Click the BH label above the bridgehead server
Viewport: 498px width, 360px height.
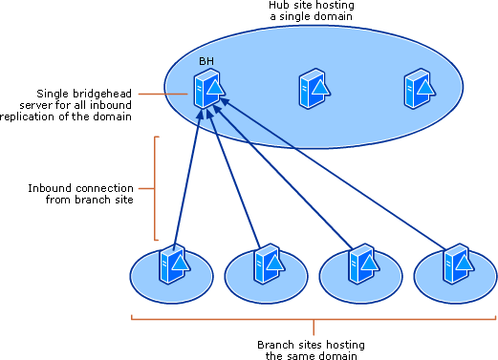(x=206, y=61)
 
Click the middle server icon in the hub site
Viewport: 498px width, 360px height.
(x=313, y=88)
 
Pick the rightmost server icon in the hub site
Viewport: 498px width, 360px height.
(x=417, y=88)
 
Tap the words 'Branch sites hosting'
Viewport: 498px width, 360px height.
(x=313, y=344)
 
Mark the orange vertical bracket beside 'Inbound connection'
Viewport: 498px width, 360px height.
(x=155, y=187)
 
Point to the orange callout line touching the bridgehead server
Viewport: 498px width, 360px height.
(x=162, y=93)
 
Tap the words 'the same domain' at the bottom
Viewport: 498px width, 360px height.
(x=313, y=355)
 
